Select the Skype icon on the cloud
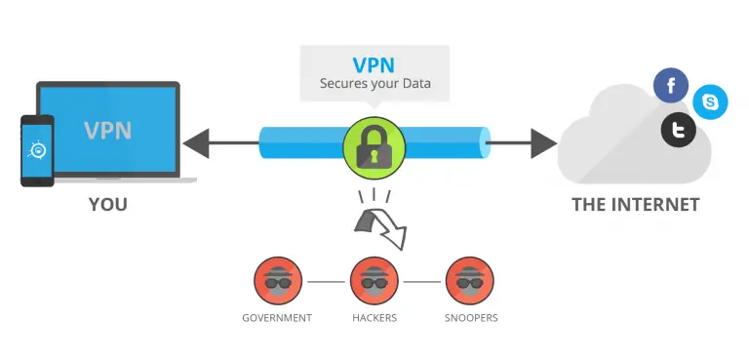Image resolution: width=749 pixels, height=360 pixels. (710, 102)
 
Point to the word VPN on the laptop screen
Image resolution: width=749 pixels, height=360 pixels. (109, 131)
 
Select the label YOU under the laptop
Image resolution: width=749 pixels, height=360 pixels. (107, 205)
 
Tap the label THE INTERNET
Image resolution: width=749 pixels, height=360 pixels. (635, 205)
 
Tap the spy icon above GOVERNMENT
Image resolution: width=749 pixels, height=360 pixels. (278, 280)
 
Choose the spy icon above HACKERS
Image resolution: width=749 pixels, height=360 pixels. (374, 280)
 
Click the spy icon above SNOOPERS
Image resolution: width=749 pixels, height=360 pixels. (470, 280)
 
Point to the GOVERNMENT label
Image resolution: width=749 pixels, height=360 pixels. (278, 318)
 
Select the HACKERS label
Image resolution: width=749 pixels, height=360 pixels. (374, 318)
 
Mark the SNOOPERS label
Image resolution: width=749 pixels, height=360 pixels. (470, 318)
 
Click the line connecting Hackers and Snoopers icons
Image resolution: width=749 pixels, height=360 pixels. (422, 281)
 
